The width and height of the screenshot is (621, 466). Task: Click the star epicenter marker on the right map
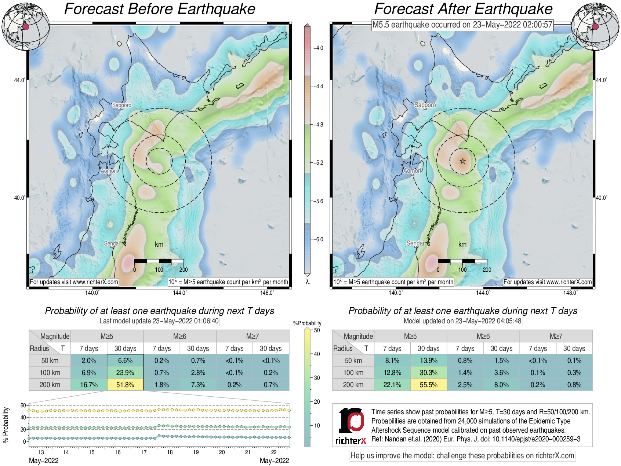(463, 161)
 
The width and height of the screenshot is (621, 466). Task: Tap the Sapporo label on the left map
(121, 105)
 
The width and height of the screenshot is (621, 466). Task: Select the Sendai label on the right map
(415, 243)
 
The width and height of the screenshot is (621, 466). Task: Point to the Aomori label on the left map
(109, 171)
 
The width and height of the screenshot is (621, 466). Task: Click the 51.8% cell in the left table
(125, 385)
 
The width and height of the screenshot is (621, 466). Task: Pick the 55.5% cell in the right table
(428, 385)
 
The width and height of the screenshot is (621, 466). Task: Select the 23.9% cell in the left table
(125, 373)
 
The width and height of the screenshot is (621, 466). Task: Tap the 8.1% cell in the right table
(392, 360)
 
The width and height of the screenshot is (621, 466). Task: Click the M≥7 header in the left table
(253, 336)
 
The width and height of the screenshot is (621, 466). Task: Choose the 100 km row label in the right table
(353, 373)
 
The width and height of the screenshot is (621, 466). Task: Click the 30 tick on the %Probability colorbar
(317, 378)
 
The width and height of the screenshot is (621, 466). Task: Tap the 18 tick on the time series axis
(170, 452)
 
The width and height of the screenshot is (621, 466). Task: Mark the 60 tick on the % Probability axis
(23, 405)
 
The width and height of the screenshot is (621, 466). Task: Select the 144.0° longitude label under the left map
(180, 293)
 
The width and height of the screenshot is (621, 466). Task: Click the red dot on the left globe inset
(26, 27)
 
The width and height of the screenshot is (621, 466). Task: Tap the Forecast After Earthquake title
(464, 9)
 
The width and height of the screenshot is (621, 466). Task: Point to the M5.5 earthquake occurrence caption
(462, 25)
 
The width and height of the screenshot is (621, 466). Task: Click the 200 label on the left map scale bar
(184, 269)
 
